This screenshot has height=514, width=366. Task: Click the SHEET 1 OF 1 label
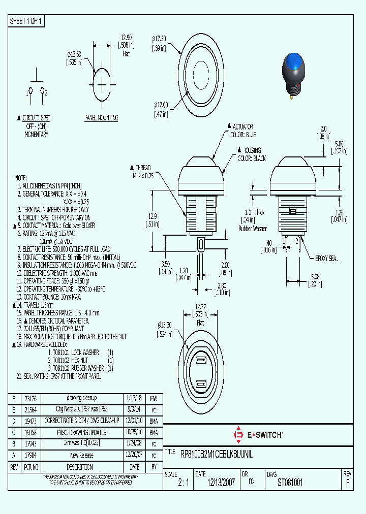coord(26,21)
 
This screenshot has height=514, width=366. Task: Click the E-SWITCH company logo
coord(257,435)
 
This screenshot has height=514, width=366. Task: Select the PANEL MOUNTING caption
coord(101,118)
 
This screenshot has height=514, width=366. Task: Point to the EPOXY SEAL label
coord(326,259)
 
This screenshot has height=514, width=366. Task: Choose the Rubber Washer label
coord(253,228)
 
